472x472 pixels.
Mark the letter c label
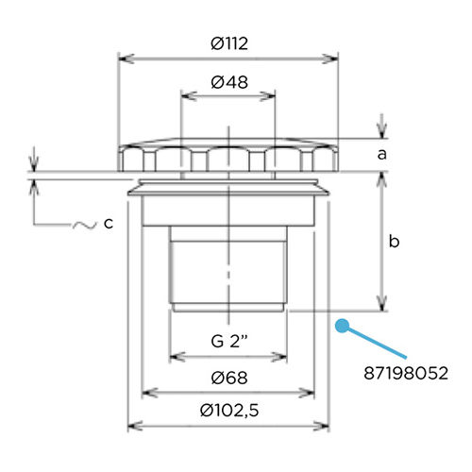point(109,224)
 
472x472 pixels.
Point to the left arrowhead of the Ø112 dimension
point(120,59)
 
